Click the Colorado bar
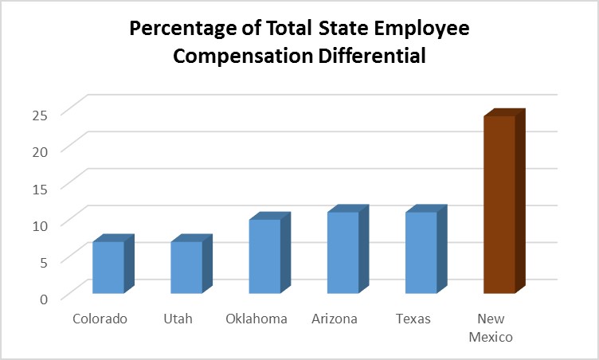(108, 267)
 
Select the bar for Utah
(186, 267)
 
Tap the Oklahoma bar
(264, 256)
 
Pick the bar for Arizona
(343, 252)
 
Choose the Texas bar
(421, 252)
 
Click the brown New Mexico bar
(499, 204)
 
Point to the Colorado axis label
(100, 319)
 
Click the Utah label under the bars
(178, 319)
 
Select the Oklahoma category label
(256, 319)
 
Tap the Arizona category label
(335, 319)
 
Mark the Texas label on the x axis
(413, 319)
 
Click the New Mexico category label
(491, 328)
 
